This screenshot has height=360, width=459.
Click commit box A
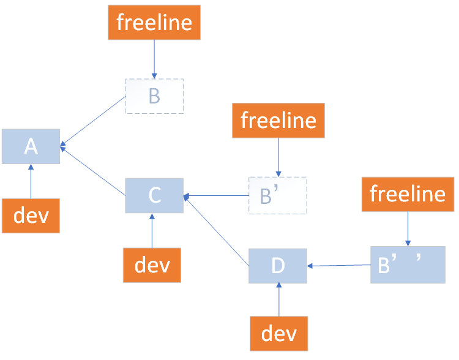(x=31, y=146)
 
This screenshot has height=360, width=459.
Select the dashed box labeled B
(x=154, y=96)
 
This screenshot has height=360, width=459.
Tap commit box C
(x=154, y=195)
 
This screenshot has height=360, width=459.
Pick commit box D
(x=277, y=266)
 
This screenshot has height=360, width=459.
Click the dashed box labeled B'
(x=277, y=195)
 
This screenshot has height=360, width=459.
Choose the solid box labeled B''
(x=408, y=265)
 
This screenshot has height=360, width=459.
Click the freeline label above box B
(x=154, y=23)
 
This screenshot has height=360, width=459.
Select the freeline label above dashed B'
(x=278, y=120)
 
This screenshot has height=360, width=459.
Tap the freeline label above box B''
(x=408, y=194)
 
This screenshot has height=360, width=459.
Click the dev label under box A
(x=31, y=216)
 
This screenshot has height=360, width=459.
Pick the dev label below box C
(x=152, y=265)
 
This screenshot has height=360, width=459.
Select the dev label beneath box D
(x=278, y=334)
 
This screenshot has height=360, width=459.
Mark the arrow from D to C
(x=217, y=231)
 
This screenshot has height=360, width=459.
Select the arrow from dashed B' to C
(x=216, y=197)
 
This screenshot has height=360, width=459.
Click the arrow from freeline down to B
(x=154, y=59)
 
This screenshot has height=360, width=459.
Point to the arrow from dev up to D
(x=278, y=300)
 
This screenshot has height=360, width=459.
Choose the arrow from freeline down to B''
(x=408, y=228)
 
